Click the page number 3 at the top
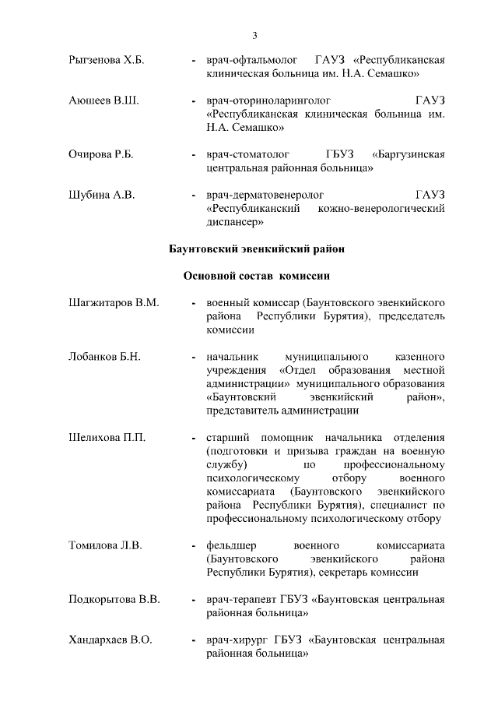(x=254, y=35)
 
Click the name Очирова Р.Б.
(x=101, y=154)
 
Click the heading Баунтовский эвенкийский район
(x=256, y=249)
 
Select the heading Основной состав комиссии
(x=257, y=276)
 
